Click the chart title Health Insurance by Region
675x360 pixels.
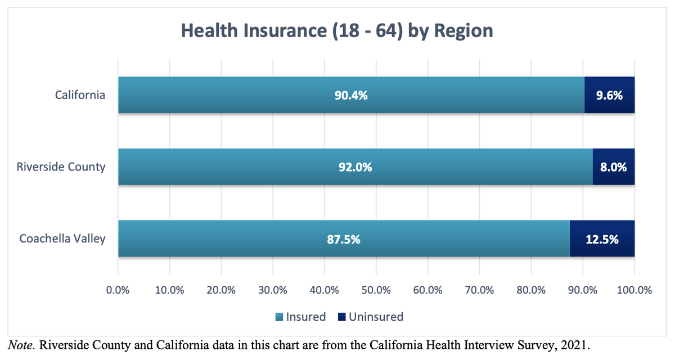tap(337, 30)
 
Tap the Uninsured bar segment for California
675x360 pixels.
tap(609, 95)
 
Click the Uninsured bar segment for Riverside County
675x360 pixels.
tap(613, 167)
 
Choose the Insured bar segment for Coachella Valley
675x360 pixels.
tap(253, 239)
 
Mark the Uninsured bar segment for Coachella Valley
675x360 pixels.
tap(602, 239)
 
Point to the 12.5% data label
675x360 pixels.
tap(602, 239)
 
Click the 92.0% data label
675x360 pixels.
tap(355, 167)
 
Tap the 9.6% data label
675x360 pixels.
tap(609, 95)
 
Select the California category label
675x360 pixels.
tap(80, 94)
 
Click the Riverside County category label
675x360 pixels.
tap(61, 166)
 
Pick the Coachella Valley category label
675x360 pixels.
tap(62, 238)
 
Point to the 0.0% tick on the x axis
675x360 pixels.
tap(118, 290)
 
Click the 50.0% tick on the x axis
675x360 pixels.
tap(376, 290)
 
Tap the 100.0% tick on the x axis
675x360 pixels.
tap(634, 290)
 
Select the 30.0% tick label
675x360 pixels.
tap(273, 290)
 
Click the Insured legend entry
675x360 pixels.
tap(300, 317)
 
